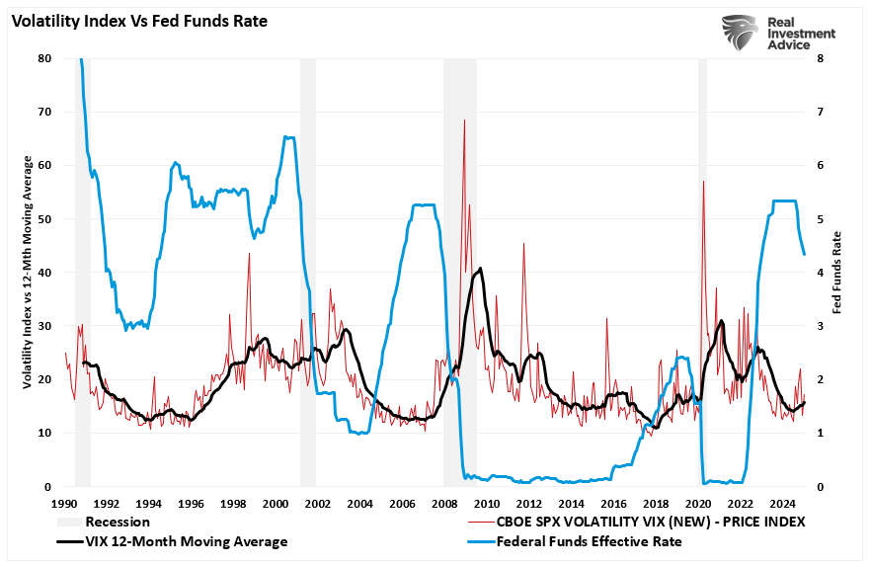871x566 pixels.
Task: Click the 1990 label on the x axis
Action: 65,503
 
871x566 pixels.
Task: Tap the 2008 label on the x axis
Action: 442,503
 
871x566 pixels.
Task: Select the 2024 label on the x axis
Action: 777,503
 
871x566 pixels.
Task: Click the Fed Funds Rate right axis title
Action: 837,273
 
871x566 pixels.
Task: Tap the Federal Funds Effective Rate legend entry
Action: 589,541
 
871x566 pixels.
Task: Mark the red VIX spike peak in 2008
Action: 464,121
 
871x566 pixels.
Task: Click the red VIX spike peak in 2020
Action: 703,181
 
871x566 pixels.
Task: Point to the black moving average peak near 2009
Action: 480,269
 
